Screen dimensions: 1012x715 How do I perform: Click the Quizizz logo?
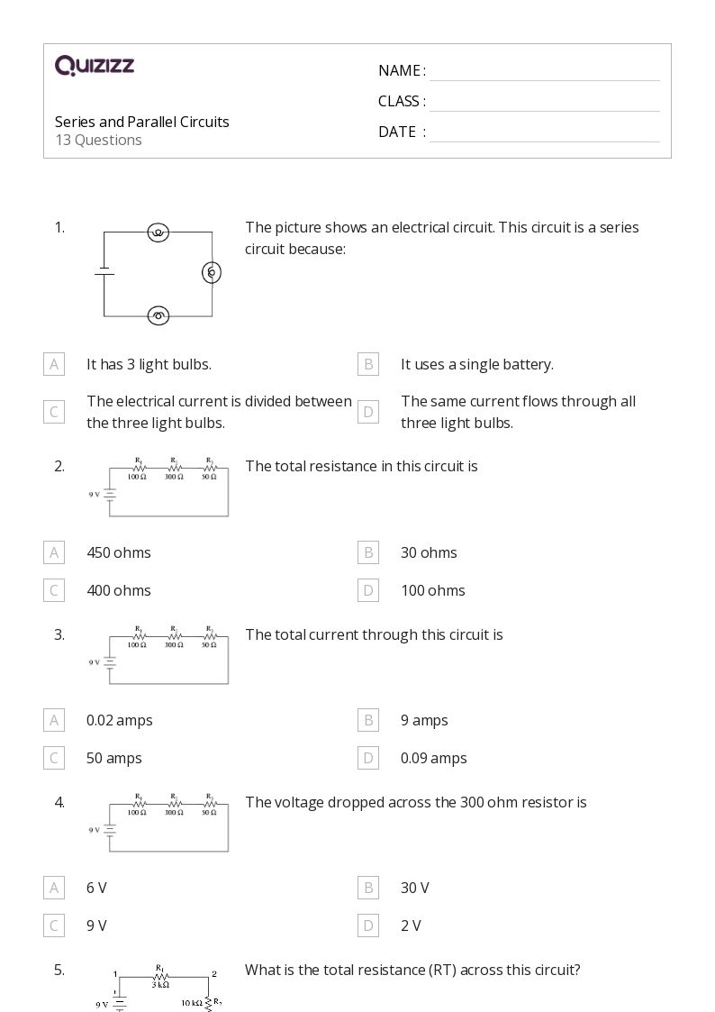(x=95, y=65)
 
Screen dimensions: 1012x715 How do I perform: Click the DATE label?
(x=397, y=132)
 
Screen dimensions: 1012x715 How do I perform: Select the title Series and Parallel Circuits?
(x=142, y=122)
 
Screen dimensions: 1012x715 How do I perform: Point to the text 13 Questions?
(x=98, y=140)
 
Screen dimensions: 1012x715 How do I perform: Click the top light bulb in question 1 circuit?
(x=158, y=232)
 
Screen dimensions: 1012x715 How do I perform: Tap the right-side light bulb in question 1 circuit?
(x=212, y=272)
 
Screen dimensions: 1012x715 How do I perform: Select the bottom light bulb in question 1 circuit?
(x=158, y=315)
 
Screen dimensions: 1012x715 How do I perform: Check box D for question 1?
(x=367, y=412)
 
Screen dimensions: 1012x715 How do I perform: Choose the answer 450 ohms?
(x=119, y=552)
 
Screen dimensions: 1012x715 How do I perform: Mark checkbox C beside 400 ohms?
(x=54, y=590)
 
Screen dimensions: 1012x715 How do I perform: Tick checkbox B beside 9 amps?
(x=367, y=720)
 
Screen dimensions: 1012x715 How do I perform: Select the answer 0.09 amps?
(x=434, y=758)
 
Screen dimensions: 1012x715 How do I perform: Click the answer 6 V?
(x=96, y=888)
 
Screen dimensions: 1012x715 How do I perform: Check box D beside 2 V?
(x=367, y=925)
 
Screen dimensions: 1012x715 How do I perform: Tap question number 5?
(x=59, y=970)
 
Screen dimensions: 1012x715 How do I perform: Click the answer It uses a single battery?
(x=477, y=364)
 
